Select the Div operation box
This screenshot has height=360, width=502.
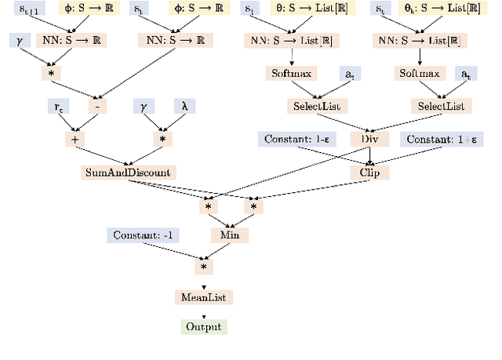click(369, 139)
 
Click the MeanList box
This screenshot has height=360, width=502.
click(203, 297)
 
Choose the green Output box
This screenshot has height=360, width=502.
click(203, 327)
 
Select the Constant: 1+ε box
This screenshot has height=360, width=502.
click(442, 139)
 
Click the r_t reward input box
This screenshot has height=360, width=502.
click(57, 105)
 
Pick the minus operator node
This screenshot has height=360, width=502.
click(96, 105)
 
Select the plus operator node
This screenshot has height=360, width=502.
click(76, 139)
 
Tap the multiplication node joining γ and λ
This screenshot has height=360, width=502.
click(164, 139)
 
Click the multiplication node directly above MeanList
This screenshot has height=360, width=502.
click(203, 267)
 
